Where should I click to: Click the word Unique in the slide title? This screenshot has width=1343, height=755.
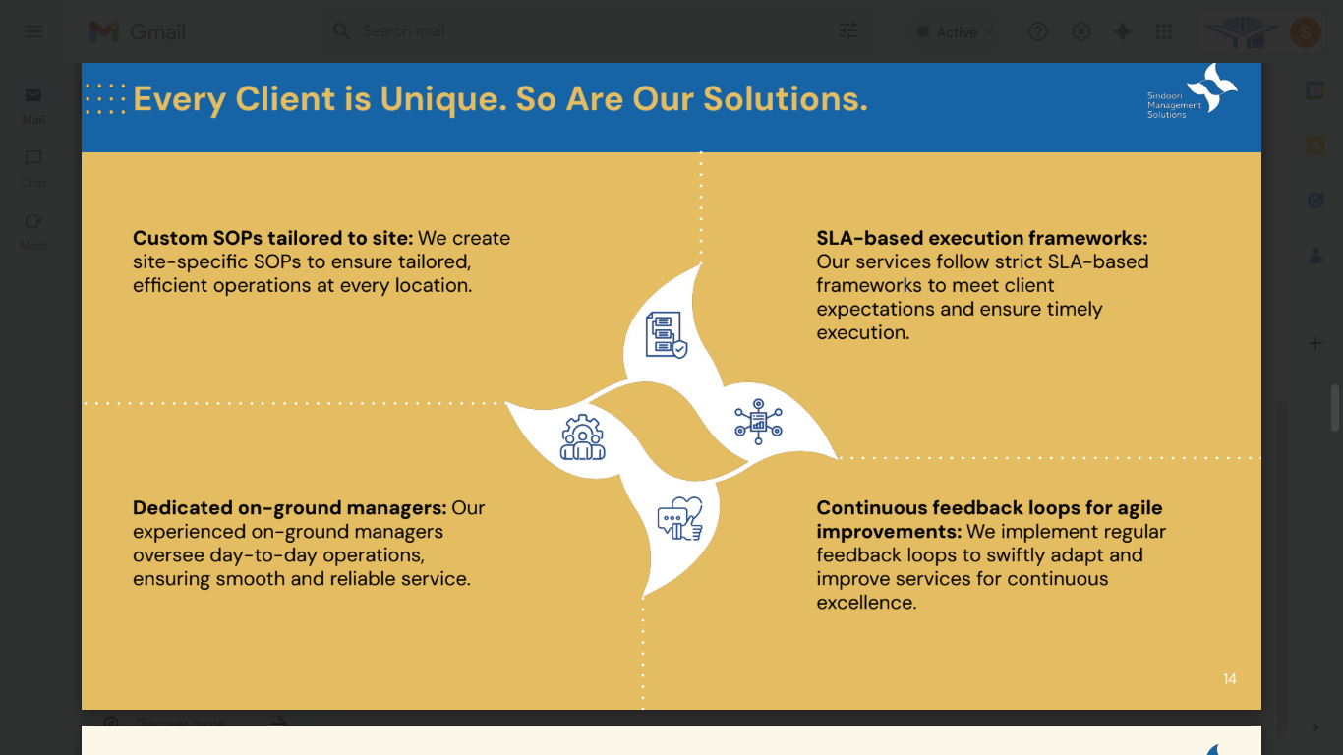(x=438, y=99)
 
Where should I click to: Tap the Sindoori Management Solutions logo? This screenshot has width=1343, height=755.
(x=1192, y=92)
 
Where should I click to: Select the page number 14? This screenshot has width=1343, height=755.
(x=1230, y=679)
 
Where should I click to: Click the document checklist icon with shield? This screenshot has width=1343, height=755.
(x=667, y=334)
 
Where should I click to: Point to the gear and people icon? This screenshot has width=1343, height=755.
(x=582, y=437)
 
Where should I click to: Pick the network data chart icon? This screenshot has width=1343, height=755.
(x=758, y=422)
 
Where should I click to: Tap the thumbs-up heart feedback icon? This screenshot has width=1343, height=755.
(x=680, y=519)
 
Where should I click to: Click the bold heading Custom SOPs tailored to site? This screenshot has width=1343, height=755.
(x=272, y=238)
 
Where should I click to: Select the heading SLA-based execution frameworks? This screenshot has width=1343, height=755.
(x=981, y=238)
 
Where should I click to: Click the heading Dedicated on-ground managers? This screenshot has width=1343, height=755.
(x=290, y=508)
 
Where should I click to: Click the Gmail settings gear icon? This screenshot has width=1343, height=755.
(x=1081, y=31)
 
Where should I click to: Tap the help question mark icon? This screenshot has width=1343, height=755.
(x=1038, y=31)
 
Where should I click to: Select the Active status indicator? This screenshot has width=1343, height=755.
(x=955, y=32)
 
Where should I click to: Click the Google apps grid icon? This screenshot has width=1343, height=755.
(x=1164, y=31)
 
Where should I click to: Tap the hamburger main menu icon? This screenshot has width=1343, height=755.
(x=33, y=31)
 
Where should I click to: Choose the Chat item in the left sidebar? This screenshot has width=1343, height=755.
(x=33, y=168)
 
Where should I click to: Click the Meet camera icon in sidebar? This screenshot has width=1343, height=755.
(x=33, y=221)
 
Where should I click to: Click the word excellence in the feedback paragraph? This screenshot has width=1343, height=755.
(x=866, y=602)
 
